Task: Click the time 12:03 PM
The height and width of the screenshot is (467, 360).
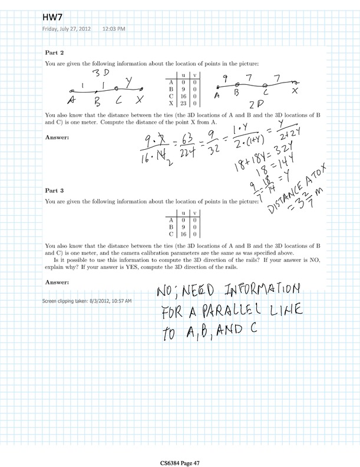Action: click(x=113, y=28)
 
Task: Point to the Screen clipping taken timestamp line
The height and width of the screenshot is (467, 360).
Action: click(x=87, y=301)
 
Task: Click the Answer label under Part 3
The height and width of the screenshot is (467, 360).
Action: click(x=57, y=282)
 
